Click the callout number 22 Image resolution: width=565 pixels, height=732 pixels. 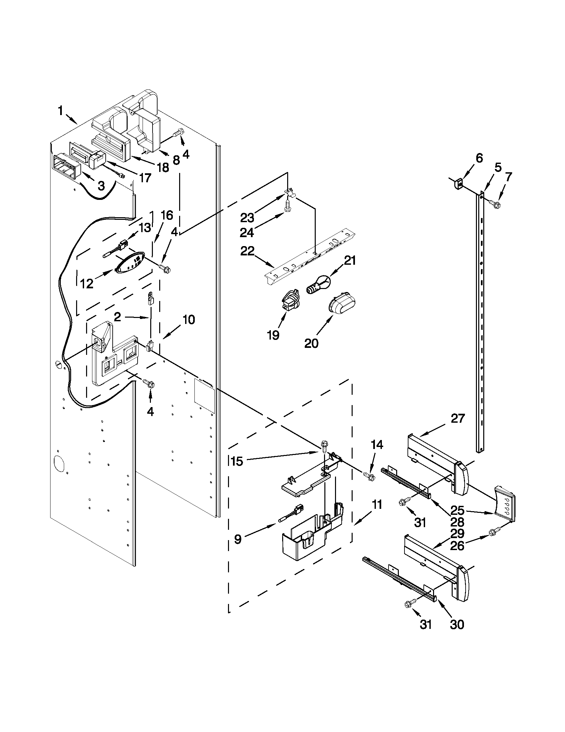click(x=248, y=251)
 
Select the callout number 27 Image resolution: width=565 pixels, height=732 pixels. click(x=458, y=419)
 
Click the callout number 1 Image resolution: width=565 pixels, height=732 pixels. click(x=60, y=111)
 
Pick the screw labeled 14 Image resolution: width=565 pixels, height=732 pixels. click(x=369, y=476)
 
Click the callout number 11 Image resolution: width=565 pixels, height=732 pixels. click(x=377, y=505)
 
